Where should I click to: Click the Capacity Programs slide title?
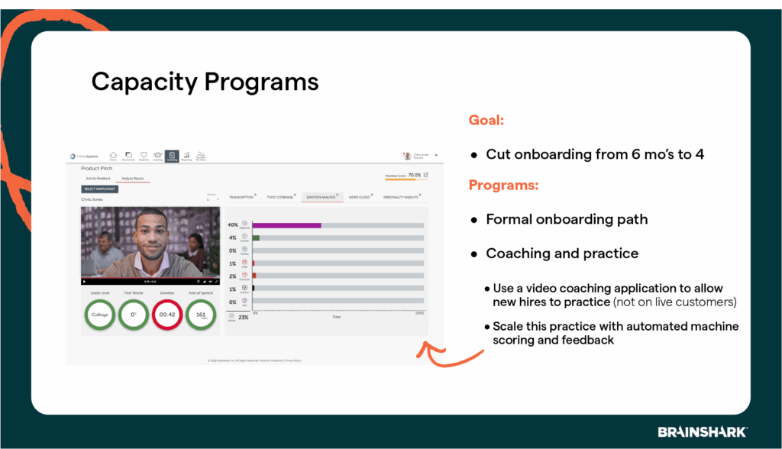205,82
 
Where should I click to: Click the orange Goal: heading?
486,120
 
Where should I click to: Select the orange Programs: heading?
503,185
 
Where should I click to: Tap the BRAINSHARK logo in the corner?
703,432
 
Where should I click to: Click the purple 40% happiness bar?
286,225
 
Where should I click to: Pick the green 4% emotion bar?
257,238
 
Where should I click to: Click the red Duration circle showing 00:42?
167,314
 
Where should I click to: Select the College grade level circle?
99,314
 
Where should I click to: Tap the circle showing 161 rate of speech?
202,314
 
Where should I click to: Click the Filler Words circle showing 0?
134,314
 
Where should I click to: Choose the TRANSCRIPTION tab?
241,197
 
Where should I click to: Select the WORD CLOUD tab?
360,197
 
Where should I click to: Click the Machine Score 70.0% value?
414,175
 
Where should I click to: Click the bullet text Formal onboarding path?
567,219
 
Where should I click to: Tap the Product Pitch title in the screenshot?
96,168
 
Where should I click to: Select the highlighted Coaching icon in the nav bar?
172,156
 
